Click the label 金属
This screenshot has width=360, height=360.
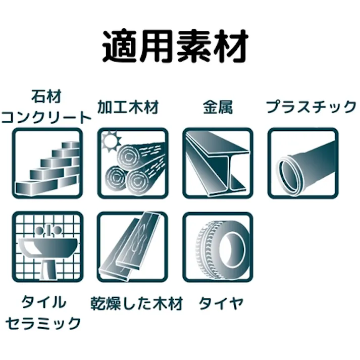click(218, 107)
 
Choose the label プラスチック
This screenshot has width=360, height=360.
click(311, 107)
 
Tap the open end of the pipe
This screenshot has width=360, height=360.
click(288, 173)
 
